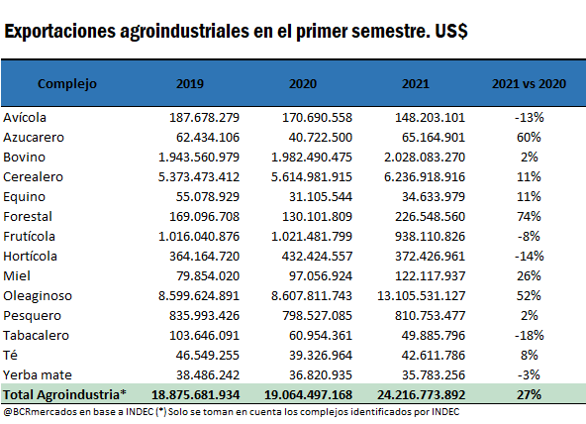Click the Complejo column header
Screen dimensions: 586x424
pos(67,84)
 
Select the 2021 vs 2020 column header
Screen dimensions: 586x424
pos(529,84)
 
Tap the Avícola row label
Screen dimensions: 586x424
pos(25,118)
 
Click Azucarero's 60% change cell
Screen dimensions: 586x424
pos(529,138)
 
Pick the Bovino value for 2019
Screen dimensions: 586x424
pos(199,158)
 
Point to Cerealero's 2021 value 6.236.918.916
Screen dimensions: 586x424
pos(425,177)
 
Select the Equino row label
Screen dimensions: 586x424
pos(25,197)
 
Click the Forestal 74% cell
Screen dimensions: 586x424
pos(529,217)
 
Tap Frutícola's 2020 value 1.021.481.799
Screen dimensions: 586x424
pos(312,237)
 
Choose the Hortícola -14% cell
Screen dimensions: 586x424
pos(530,257)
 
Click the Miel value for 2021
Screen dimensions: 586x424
pos(431,276)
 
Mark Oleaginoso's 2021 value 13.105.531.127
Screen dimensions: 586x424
pos(422,296)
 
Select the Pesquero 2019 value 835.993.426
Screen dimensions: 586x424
pos(204,316)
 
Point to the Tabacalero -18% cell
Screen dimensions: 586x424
pos(530,336)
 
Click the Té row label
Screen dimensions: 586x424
pos(11,355)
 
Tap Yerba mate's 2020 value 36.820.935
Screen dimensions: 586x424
pos(321,375)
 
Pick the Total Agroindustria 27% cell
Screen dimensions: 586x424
pos(529,395)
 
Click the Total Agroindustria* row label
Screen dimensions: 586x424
pos(64,395)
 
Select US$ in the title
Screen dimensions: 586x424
pos(451,31)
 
